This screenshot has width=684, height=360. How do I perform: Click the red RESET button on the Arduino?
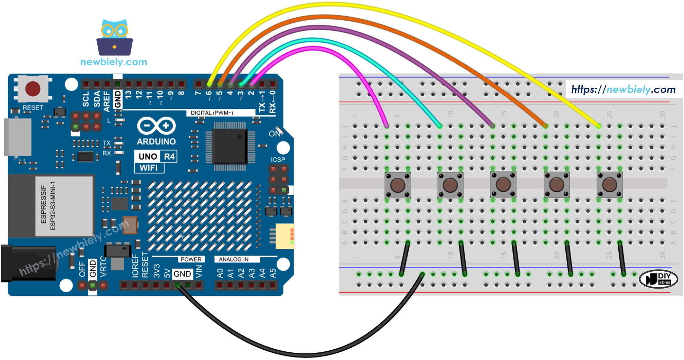[33, 89]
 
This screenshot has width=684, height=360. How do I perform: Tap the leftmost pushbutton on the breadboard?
[397, 185]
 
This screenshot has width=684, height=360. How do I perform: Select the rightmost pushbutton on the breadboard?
[609, 185]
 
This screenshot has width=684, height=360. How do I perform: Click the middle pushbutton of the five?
[503, 185]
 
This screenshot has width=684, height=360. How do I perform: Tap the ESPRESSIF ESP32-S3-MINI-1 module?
[64, 206]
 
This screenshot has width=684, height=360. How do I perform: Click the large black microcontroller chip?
[230, 147]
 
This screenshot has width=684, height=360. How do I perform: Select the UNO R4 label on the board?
[156, 156]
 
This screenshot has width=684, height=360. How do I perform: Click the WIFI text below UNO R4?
[148, 168]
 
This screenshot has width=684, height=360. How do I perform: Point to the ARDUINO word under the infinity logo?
[156, 142]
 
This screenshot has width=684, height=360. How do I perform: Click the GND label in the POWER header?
[182, 274]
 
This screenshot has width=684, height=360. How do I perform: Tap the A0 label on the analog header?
[220, 273]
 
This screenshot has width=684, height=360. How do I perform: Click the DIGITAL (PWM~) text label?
[212, 113]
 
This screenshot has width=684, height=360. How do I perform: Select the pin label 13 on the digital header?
[128, 95]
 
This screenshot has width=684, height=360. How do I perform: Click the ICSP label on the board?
[278, 159]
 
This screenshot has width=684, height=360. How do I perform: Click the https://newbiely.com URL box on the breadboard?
[623, 89]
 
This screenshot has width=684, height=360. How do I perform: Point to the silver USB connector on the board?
[17, 137]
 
